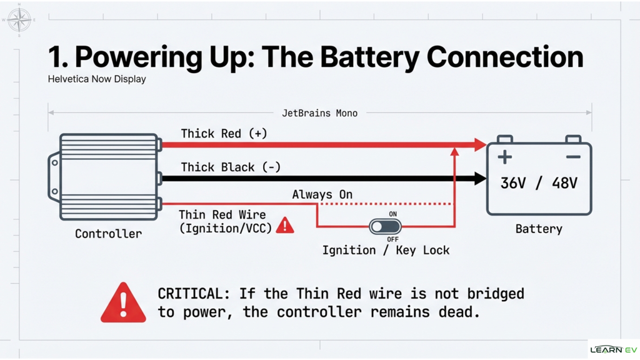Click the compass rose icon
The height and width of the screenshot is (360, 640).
coord(19,19)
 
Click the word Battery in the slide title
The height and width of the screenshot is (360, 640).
coord(371,57)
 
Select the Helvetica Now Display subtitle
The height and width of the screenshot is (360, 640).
coord(97,79)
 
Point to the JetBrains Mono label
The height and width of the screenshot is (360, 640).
coord(319,113)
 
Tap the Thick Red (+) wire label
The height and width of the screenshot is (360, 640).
coord(224,134)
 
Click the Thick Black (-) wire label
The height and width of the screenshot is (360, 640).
coord(231,167)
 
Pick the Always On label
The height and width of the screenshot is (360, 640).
coord(322,195)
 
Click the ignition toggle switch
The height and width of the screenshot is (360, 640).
coord(385,226)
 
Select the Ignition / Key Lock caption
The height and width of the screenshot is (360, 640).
coord(386,250)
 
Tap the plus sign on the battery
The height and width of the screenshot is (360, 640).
coord(505,157)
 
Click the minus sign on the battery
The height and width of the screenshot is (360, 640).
coord(573,157)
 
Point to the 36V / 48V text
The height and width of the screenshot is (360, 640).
coord(539,184)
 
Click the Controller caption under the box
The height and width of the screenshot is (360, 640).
coord(108,234)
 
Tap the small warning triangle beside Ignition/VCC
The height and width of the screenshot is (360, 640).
coord(285,226)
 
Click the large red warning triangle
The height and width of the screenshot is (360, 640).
coord(123,303)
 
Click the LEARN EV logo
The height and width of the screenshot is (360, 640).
coord(613,349)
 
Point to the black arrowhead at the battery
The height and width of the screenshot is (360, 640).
coord(479,179)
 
